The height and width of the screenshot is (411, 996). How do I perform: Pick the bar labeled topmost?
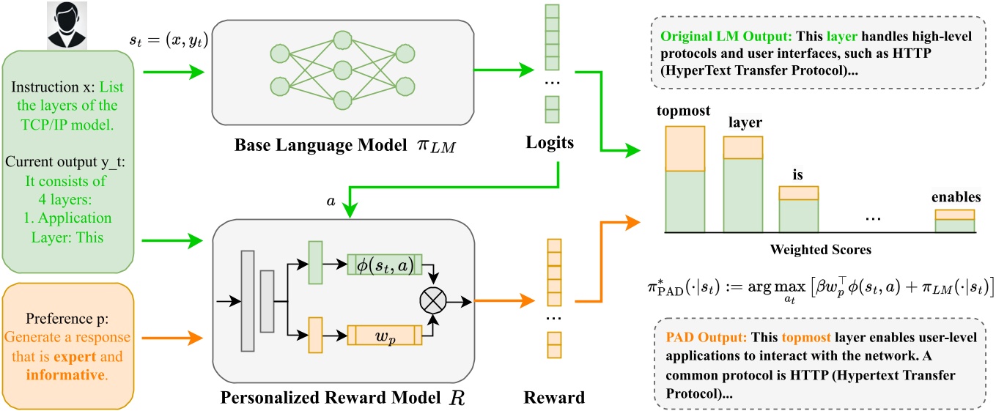click(685, 179)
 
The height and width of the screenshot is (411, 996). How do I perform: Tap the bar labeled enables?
click(954, 221)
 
